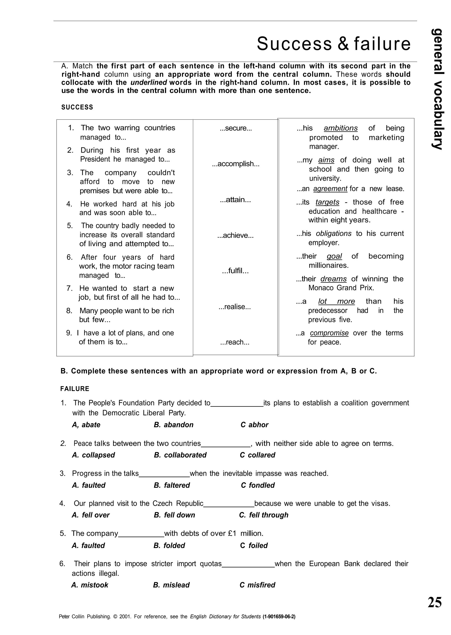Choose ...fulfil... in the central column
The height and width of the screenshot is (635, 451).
click(235, 271)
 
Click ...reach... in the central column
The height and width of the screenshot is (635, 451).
click(235, 342)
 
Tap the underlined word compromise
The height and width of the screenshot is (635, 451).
click(329, 333)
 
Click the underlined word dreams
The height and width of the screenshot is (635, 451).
click(334, 279)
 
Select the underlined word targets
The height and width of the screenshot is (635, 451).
click(327, 202)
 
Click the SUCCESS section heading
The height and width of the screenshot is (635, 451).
click(77, 107)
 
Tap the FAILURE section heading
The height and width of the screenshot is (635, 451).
click(75, 389)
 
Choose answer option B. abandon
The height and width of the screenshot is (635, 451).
click(174, 425)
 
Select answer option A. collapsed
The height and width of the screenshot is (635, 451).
click(93, 455)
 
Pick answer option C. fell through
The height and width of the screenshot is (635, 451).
click(264, 515)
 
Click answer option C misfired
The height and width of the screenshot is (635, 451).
click(257, 585)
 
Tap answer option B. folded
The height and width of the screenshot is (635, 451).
click(169, 546)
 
